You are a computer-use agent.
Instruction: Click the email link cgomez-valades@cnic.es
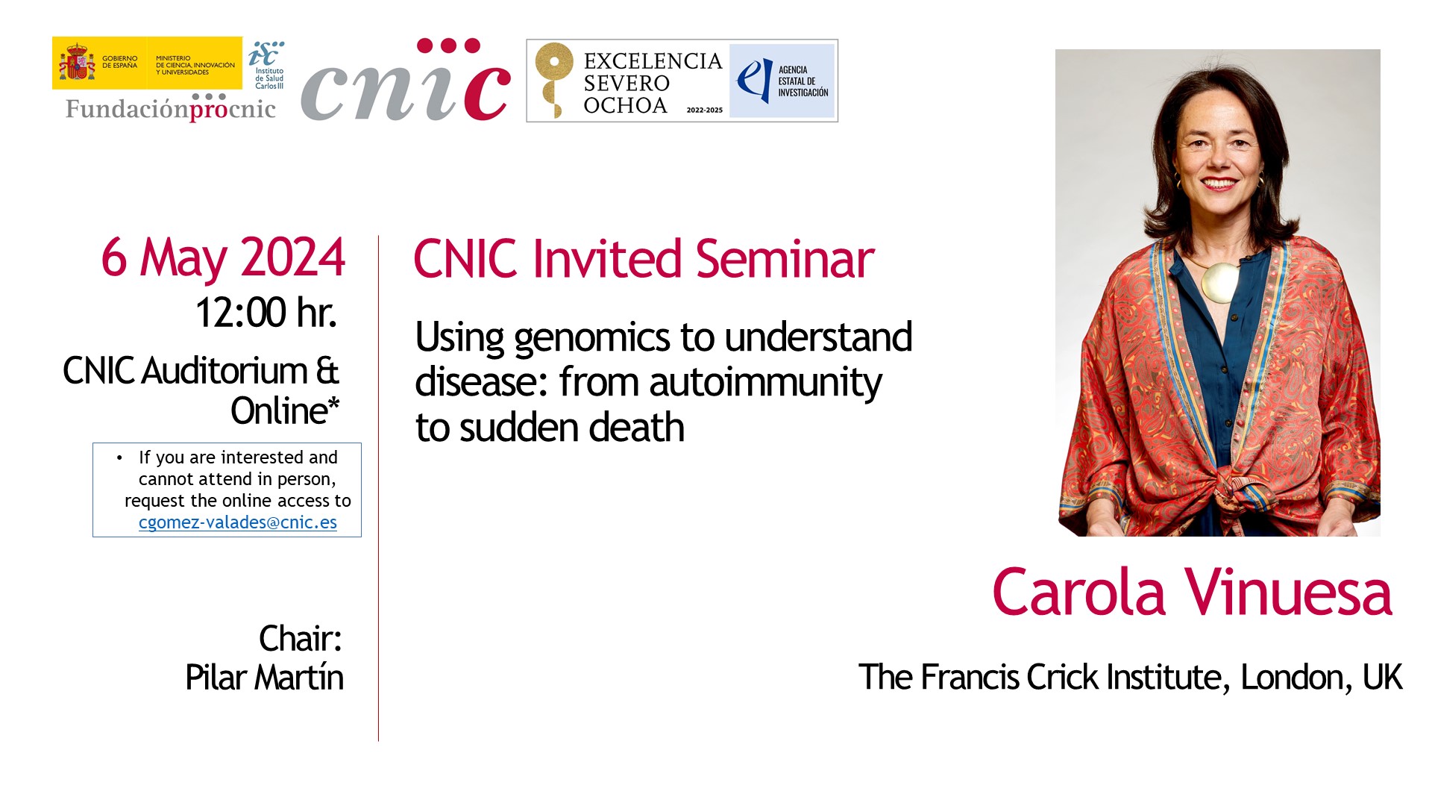[x=238, y=522]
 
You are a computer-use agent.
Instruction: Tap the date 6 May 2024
[x=223, y=258]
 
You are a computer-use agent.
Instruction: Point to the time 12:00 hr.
[x=266, y=312]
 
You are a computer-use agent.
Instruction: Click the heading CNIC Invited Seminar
[x=644, y=259]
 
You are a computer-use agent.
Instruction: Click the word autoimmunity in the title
[x=765, y=383]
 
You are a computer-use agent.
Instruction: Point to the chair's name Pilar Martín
[x=265, y=678]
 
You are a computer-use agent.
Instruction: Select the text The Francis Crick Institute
[x=1040, y=678]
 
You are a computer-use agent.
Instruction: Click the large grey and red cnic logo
[x=405, y=81]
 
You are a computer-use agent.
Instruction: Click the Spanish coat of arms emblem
[x=77, y=62]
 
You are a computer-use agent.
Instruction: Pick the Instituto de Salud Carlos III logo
[x=267, y=65]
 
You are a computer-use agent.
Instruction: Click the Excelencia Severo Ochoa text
[x=652, y=83]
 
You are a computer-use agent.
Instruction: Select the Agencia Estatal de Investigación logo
[x=782, y=81]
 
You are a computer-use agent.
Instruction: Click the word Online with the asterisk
[x=285, y=411]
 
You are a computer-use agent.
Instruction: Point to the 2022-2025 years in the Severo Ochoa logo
[x=705, y=110]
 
